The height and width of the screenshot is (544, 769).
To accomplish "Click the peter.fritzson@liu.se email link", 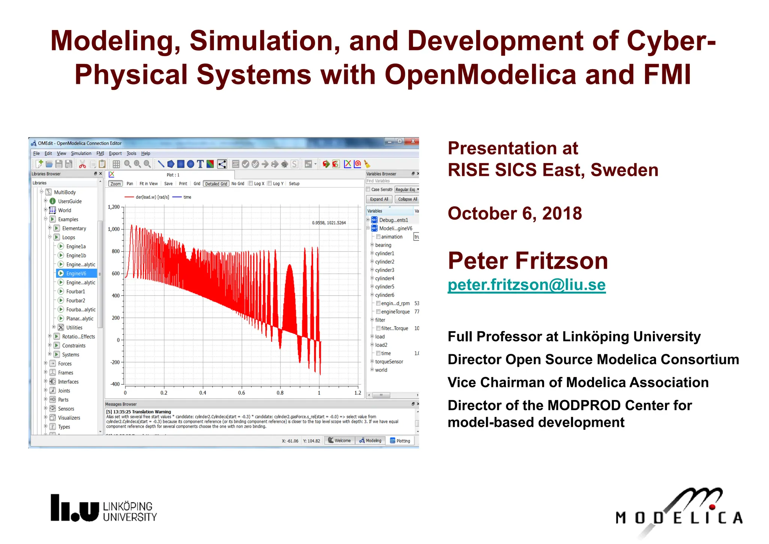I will (x=526, y=285).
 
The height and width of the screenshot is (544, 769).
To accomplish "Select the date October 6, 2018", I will (x=515, y=213).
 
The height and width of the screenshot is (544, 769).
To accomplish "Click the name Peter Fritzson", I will (x=528, y=261).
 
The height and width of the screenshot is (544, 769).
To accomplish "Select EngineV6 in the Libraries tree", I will (x=76, y=274).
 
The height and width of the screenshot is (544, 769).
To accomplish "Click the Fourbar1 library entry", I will (x=75, y=292).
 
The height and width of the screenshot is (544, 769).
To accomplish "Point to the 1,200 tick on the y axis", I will (x=114, y=207).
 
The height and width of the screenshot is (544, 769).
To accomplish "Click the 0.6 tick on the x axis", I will (x=241, y=393).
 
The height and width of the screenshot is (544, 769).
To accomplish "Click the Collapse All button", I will (x=407, y=199).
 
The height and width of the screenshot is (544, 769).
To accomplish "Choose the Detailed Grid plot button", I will (x=216, y=184).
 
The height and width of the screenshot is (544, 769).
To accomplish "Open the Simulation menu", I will (x=81, y=153).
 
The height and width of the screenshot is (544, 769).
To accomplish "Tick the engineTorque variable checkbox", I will (x=378, y=312).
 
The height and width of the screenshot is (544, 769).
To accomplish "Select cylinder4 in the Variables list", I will (x=384, y=278).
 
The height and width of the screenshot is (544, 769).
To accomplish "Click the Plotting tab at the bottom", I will (x=400, y=441).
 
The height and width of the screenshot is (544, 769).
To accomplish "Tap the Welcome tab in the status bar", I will (x=339, y=441).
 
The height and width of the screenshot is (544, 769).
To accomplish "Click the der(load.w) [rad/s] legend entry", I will (x=152, y=197).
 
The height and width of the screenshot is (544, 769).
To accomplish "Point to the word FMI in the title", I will (x=667, y=74).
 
